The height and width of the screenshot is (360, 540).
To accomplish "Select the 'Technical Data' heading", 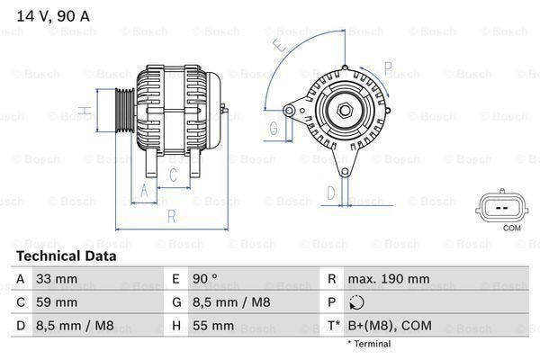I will click(x=67, y=256).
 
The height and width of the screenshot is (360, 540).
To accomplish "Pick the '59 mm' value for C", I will click(x=55, y=302).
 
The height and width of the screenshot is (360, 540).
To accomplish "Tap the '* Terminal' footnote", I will click(x=369, y=344).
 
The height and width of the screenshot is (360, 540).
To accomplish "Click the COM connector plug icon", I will click(x=500, y=206).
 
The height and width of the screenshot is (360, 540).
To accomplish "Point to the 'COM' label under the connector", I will click(x=512, y=229).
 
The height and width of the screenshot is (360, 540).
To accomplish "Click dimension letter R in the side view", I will click(x=171, y=216).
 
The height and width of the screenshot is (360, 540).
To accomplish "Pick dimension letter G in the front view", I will click(x=273, y=129).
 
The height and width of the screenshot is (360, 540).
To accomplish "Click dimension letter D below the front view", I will click(x=330, y=192).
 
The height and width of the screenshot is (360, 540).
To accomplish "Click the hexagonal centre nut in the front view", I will click(x=344, y=111).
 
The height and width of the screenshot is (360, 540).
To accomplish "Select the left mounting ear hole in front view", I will click(x=289, y=110).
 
